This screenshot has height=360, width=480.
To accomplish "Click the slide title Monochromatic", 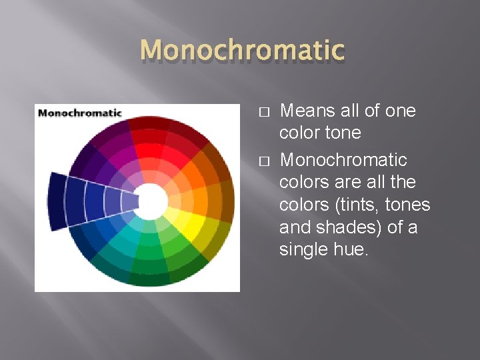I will click(x=243, y=50).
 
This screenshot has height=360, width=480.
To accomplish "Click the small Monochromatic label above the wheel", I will click(x=80, y=113).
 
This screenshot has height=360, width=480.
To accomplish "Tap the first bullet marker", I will click(x=263, y=111).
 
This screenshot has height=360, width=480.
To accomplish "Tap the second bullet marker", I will click(x=263, y=161).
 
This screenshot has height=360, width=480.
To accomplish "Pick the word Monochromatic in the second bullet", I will click(x=343, y=160).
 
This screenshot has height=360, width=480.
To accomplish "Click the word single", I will click(x=300, y=249).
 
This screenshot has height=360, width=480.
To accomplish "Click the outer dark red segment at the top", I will click(x=148, y=122).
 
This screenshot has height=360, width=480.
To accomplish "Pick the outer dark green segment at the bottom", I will click(x=150, y=278).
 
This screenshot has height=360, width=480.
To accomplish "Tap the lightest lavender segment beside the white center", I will click(x=129, y=201).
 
